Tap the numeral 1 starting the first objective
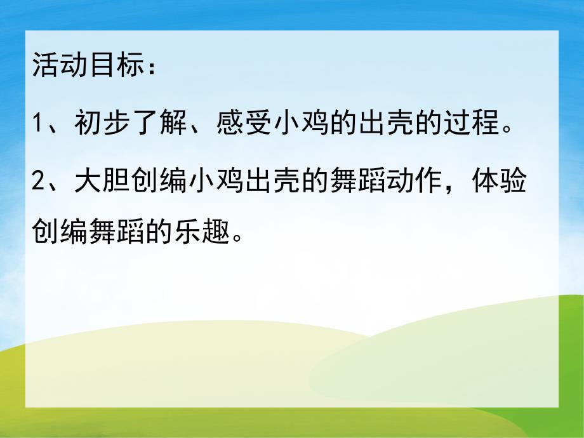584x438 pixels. (39, 123)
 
